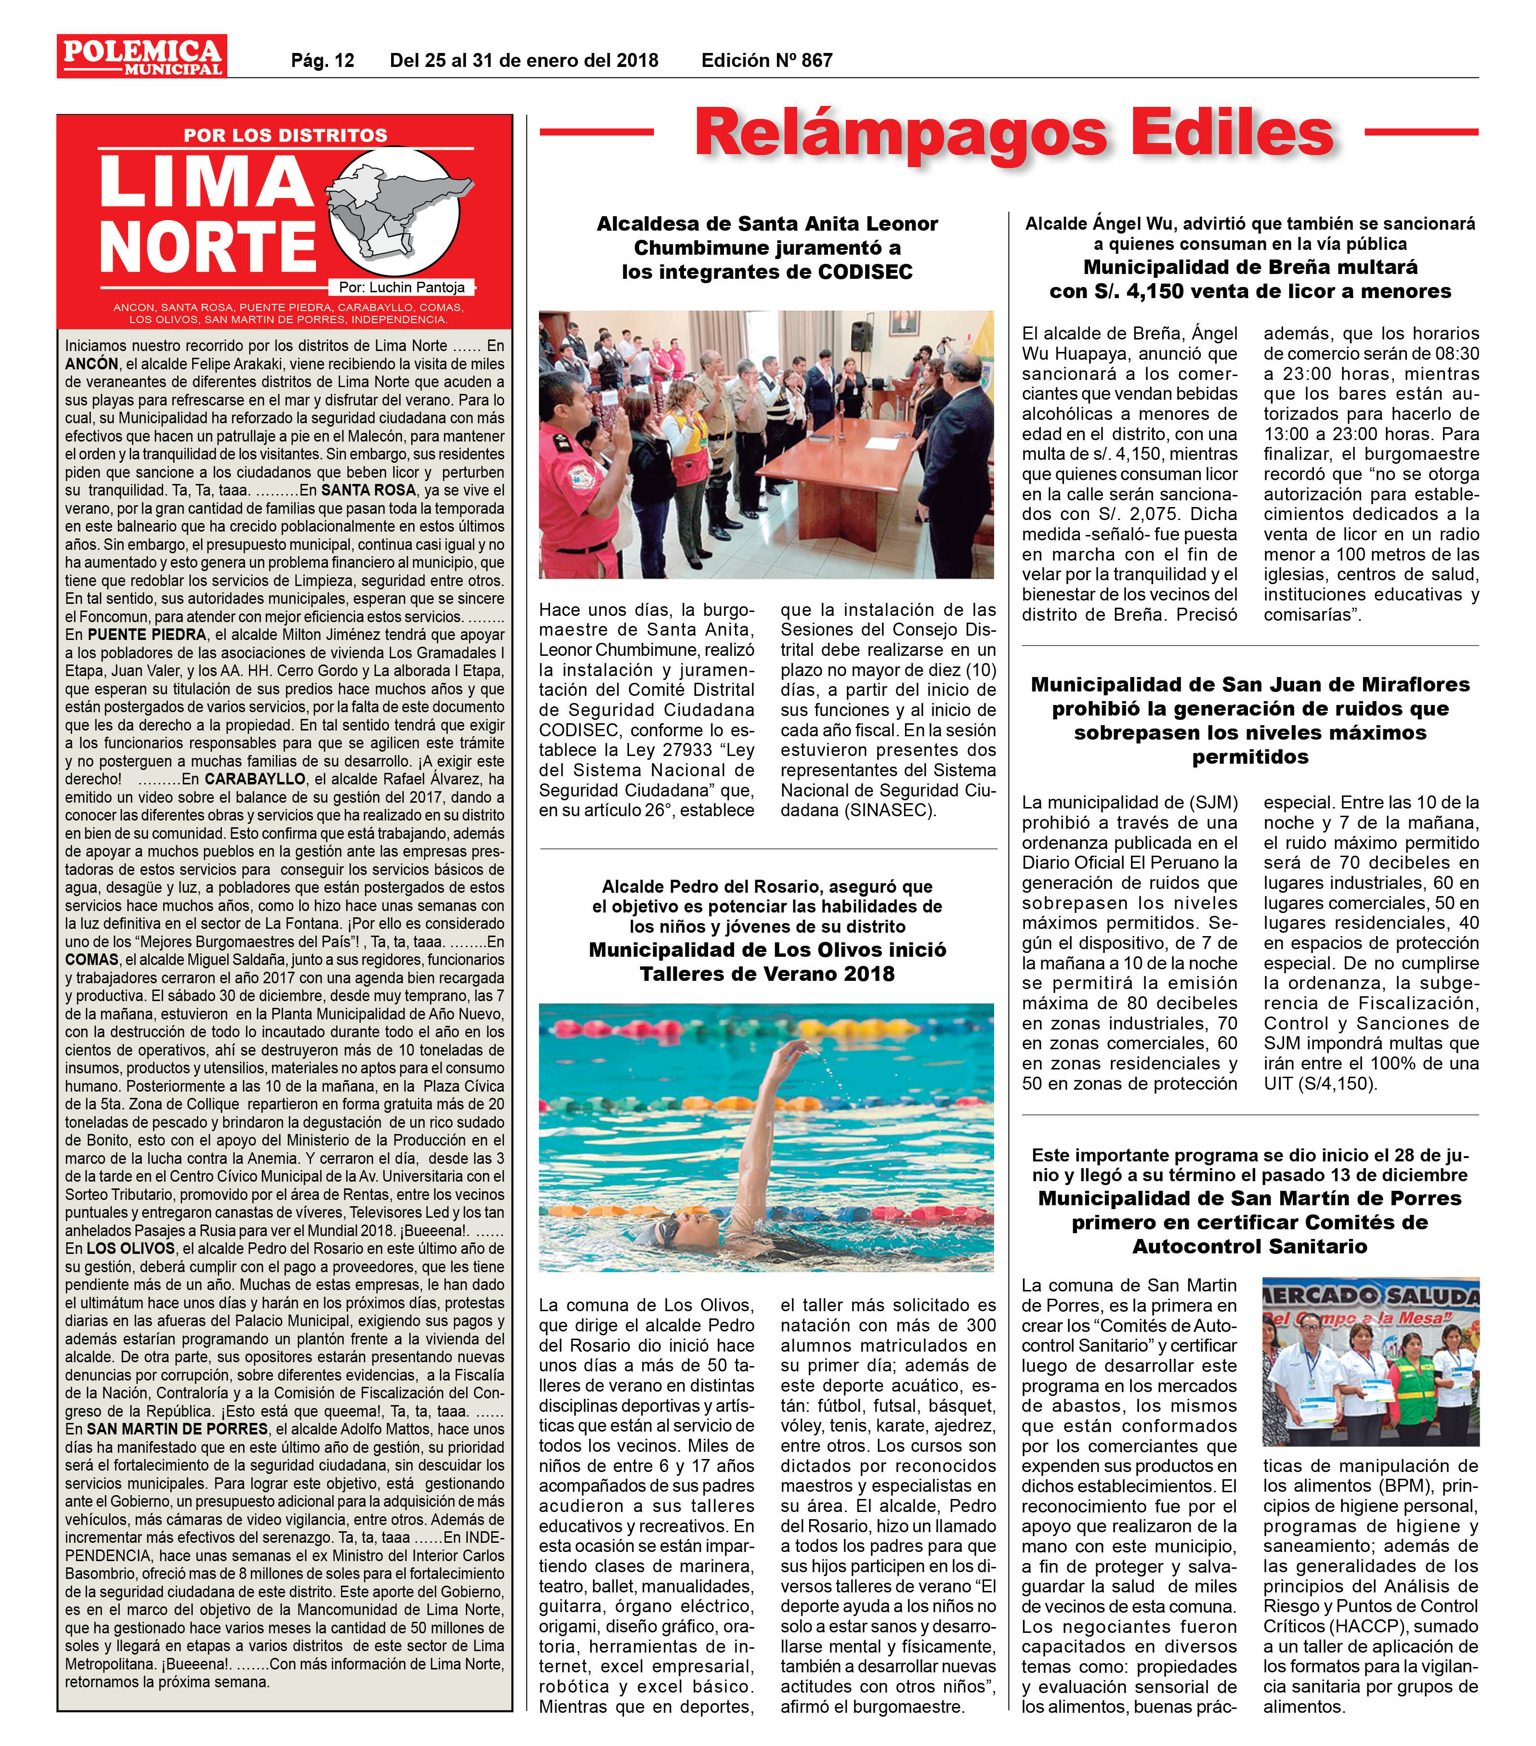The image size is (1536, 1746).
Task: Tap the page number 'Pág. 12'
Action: coord(322,61)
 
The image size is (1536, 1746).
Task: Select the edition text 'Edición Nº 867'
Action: coord(766,61)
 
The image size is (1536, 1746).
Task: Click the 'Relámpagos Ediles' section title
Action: coord(1013,132)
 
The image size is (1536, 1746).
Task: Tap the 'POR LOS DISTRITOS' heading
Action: coord(285,135)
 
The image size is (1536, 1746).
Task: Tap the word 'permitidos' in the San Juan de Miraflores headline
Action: coord(1250,757)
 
